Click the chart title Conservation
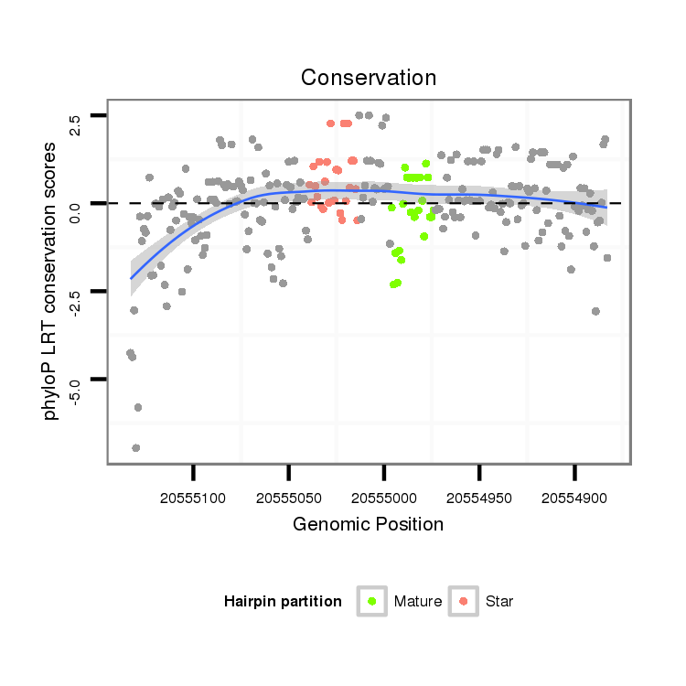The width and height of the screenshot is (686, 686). click(369, 78)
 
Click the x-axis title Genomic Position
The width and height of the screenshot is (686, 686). click(369, 524)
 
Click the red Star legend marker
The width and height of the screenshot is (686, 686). click(464, 601)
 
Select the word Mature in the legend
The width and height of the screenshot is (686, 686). click(418, 602)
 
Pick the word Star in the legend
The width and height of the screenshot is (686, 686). click(499, 602)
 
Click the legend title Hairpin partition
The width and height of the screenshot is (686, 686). click(283, 602)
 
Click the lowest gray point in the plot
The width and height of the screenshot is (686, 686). click(135, 447)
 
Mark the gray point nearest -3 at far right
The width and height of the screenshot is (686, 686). click(595, 311)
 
